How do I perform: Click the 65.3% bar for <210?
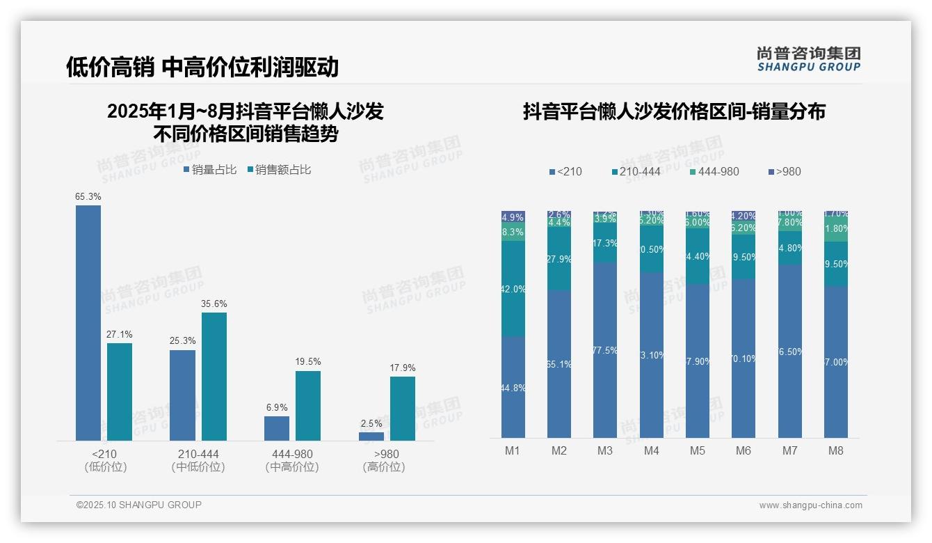[x=88, y=322]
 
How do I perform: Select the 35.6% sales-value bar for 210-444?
[x=214, y=376]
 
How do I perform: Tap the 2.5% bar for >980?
[x=371, y=436]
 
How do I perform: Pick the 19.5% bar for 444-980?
[x=308, y=405]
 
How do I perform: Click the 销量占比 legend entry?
[x=210, y=170]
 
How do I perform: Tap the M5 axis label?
[x=698, y=451]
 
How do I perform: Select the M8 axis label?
[x=836, y=451]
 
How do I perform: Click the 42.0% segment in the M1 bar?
[x=513, y=289]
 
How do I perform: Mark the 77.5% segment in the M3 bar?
[x=605, y=350]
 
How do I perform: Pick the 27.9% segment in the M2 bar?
[x=559, y=259]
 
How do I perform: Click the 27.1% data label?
[x=119, y=335]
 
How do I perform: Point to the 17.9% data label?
[x=402, y=368]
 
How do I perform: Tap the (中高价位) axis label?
[x=292, y=467]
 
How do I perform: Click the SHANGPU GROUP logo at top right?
[x=808, y=59]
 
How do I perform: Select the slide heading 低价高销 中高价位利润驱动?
[x=202, y=67]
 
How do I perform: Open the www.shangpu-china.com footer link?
[x=810, y=505]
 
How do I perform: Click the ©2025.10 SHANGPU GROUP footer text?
[x=139, y=505]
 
